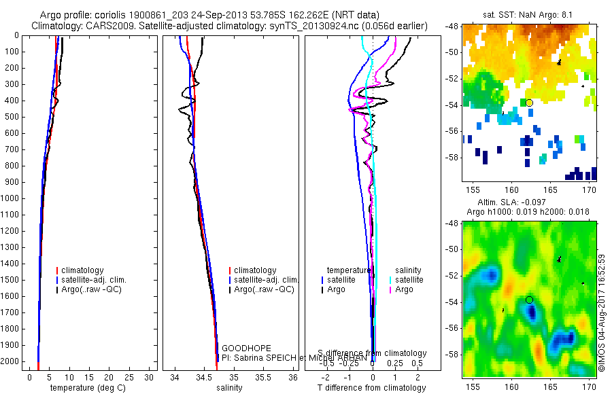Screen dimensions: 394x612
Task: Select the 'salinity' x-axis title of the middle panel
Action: click(229, 388)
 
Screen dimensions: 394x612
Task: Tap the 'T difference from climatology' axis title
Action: click(372, 388)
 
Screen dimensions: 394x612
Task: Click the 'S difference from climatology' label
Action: click(372, 353)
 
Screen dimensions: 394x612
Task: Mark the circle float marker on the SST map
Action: click(529, 103)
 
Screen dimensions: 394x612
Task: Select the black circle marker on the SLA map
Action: click(529, 299)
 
